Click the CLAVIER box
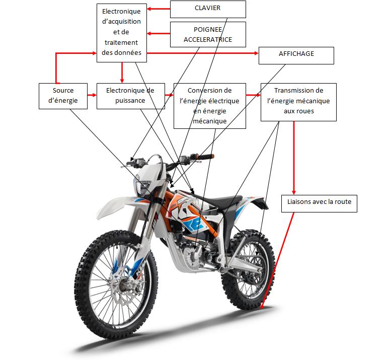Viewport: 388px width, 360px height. (x=208, y=9)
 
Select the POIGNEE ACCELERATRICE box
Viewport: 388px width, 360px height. (x=208, y=34)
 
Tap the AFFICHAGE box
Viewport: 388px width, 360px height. (x=296, y=55)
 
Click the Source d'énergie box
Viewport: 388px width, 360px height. (x=63, y=96)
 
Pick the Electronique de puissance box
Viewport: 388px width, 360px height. (x=130, y=96)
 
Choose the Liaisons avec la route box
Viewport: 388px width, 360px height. (x=319, y=203)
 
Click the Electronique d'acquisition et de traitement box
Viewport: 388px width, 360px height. (x=121, y=32)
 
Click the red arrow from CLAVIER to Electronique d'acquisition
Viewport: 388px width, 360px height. (x=158, y=9)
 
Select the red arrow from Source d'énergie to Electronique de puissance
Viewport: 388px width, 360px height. (x=92, y=95)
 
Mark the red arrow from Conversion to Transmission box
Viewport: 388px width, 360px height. (x=253, y=95)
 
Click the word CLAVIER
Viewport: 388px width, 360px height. (x=208, y=9)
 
